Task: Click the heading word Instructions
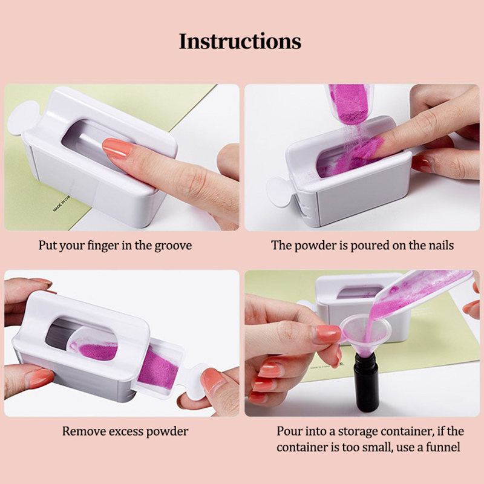pyautogui.click(x=240, y=41)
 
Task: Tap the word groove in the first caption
pyautogui.click(x=173, y=246)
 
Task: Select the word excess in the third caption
pyautogui.click(x=125, y=431)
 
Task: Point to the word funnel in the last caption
pyautogui.click(x=443, y=447)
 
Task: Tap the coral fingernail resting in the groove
pyautogui.click(x=117, y=148)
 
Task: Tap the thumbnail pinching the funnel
pyautogui.click(x=327, y=334)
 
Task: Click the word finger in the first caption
pyautogui.click(x=103, y=246)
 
